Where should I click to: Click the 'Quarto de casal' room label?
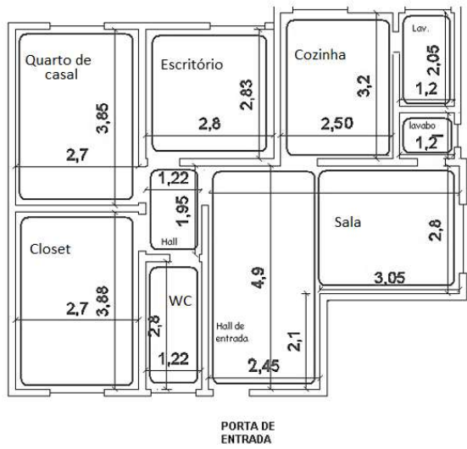58,67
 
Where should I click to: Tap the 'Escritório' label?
192,64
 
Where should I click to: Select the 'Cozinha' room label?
320,54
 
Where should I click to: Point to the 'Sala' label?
347,222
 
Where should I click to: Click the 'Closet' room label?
50,249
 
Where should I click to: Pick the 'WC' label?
181,301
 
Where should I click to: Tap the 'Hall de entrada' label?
231,332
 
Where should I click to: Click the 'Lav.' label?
420,29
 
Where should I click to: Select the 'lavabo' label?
422,125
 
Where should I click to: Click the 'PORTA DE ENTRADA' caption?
247,433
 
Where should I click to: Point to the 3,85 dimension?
103,118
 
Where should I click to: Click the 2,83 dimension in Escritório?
247,95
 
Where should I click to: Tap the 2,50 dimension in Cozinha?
336,124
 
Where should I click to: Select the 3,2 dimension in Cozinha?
364,86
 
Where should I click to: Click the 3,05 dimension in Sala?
390,278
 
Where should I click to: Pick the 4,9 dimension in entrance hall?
258,278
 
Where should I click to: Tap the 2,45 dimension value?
264,366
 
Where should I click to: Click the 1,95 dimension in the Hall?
182,211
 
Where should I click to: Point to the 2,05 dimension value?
433,60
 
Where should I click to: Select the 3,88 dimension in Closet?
103,301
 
